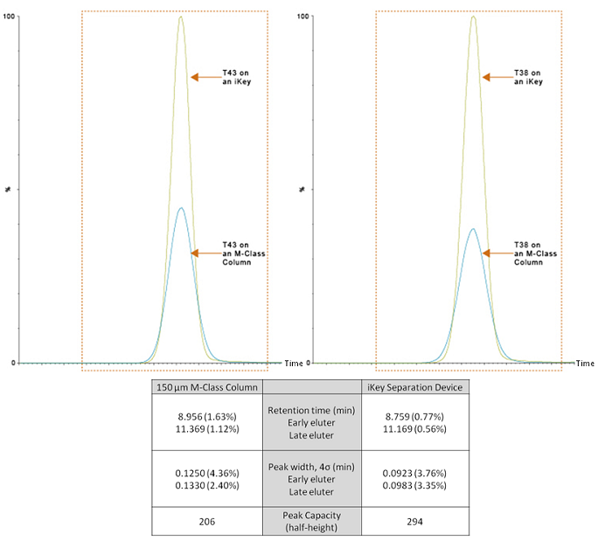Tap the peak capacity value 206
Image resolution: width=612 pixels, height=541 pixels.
tap(205, 522)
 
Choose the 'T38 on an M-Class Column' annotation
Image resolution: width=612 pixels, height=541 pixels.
tap(532, 253)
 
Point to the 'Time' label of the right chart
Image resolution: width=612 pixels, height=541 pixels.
tap(586, 363)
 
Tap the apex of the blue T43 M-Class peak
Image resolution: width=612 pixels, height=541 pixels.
tap(181, 208)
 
